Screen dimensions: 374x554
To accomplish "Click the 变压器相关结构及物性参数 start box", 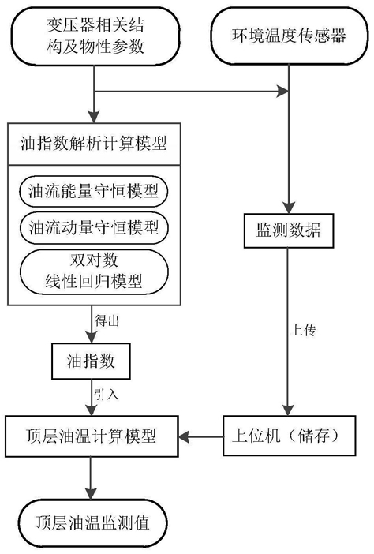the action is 95,36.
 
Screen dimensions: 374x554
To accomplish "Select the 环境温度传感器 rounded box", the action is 289,36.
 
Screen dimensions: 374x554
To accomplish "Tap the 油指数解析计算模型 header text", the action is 93,144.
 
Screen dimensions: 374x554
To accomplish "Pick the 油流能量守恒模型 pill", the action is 93,192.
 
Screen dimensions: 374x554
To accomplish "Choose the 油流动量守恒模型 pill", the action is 93,227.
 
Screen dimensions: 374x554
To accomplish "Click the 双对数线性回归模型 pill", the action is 93,271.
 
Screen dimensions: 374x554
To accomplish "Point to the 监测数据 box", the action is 289,230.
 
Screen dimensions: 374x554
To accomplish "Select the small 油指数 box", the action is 91,361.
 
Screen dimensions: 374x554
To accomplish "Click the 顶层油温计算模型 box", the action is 92,436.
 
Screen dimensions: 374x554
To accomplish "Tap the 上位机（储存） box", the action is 290,436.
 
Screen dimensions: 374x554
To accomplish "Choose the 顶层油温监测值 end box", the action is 92,523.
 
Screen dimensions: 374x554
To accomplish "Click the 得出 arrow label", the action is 107,321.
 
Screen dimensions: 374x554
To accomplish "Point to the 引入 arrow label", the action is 106,395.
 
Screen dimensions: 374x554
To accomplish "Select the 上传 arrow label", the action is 303,331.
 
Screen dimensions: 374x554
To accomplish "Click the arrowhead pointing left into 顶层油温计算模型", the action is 184,437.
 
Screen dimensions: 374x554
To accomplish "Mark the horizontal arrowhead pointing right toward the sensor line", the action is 283,92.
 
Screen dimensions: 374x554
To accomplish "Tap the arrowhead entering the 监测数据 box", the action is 289,208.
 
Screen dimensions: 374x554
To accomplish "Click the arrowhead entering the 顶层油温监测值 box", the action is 91,493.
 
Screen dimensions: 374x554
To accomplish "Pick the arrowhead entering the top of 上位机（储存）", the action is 289,410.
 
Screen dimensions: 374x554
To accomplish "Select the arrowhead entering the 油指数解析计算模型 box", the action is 94,118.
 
